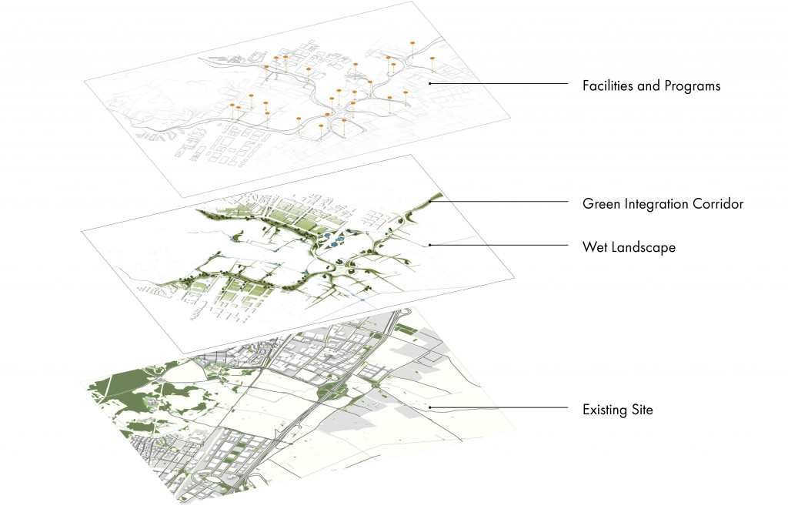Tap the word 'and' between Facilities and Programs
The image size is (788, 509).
[x=648, y=86]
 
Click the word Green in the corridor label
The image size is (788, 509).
[x=601, y=205]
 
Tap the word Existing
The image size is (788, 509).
[x=607, y=410]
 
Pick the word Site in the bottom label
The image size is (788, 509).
[x=643, y=410]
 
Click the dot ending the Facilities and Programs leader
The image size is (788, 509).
[x=429, y=83]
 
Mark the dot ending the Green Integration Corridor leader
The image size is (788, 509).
[x=431, y=202]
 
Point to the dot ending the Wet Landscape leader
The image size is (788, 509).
[x=429, y=245]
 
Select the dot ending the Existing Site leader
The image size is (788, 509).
[x=429, y=407]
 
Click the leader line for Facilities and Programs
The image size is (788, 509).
[x=500, y=83]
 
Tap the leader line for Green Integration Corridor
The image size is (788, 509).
[x=500, y=202]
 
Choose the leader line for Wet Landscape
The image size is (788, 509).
[x=500, y=245]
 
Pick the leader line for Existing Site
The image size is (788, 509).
[x=500, y=407]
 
